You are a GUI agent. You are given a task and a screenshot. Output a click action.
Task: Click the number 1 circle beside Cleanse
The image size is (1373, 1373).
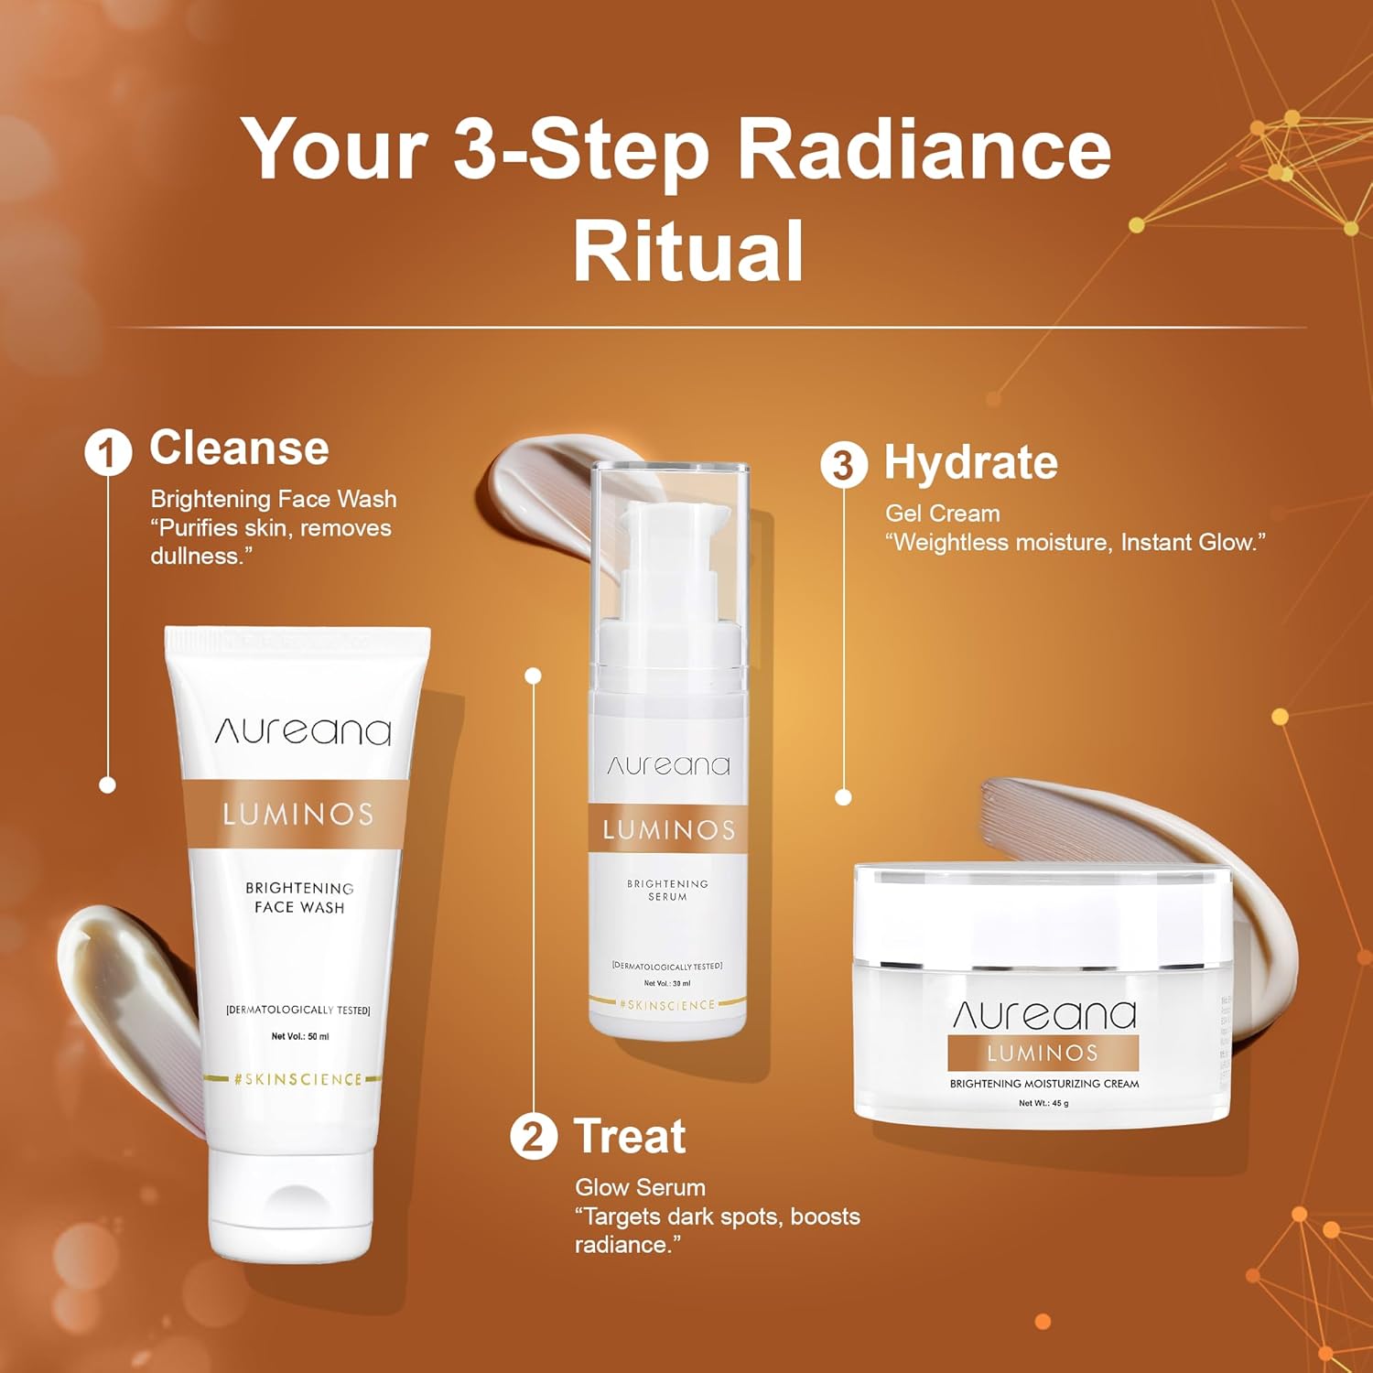pos(108,452)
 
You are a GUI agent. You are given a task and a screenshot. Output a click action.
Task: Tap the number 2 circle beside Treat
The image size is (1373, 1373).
pos(534,1137)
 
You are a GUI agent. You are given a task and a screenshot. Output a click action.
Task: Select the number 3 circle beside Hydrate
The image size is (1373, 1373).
pos(843,465)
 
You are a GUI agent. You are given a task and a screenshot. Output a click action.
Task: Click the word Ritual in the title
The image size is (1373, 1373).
pos(687,250)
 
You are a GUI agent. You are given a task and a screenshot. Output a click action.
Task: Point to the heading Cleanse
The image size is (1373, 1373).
pos(239,449)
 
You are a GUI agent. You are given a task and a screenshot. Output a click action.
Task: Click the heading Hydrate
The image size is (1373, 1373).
pos(970,462)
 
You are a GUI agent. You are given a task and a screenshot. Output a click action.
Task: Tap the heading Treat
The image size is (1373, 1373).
pos(630,1137)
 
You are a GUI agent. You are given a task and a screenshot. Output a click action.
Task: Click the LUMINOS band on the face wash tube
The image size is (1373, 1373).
pos(297,814)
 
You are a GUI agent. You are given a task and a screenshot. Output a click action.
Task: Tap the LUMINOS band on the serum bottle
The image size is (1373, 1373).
pos(668,829)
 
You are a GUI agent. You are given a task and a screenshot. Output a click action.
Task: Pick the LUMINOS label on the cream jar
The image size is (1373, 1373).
pos(1043,1053)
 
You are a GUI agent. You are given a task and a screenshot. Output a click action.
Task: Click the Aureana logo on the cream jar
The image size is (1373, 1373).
pos(1043,1014)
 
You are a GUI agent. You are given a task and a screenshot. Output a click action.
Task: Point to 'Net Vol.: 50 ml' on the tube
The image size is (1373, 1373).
pos(299,1036)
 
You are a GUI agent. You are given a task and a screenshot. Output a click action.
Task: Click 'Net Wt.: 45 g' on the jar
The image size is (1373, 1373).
pos(1043,1103)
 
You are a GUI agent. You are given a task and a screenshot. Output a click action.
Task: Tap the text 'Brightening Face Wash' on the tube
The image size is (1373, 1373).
pos(299,897)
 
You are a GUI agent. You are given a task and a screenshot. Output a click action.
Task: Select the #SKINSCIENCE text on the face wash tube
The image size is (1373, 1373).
pos(297,1079)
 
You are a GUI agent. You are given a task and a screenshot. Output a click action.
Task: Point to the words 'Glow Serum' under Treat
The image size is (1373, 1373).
pos(640,1187)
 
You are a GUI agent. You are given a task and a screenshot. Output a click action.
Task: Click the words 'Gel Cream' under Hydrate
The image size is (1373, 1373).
pos(942,514)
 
